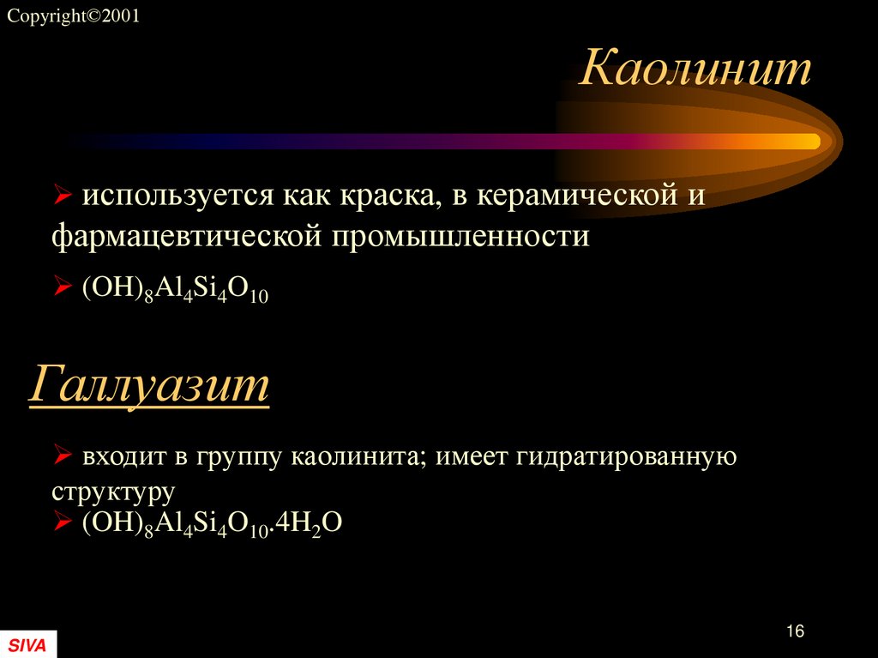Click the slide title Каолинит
(x=695, y=69)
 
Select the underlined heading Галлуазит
(x=149, y=385)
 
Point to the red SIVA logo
(x=28, y=644)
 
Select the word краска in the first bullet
(x=382, y=196)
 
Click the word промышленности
(x=456, y=235)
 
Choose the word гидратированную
(x=626, y=456)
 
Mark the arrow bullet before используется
(x=62, y=197)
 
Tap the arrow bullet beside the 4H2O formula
(x=62, y=522)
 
